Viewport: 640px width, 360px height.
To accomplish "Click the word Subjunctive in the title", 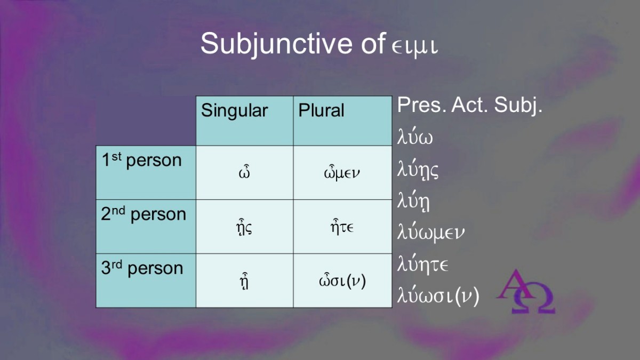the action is coord(276,45).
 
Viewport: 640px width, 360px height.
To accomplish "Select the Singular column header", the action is coord(234,110).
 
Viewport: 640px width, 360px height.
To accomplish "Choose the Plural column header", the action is coord(321,110).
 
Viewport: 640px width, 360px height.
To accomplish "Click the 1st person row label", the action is coord(141,160).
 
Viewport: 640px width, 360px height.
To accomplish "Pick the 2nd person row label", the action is coord(143,214).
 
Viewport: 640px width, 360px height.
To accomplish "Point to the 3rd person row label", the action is coord(142,268).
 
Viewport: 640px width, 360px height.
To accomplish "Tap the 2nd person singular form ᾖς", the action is coord(244,227).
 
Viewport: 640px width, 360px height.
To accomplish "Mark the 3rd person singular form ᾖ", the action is coord(244,282).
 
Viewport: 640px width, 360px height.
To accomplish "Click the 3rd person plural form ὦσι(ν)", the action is coord(342,281).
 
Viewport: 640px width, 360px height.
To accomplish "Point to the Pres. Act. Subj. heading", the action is coord(469,105).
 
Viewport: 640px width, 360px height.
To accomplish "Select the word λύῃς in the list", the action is coord(418,169).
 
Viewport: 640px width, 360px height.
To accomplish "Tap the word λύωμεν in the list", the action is coord(431,233).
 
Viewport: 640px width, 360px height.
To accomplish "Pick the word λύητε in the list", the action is coord(422,265).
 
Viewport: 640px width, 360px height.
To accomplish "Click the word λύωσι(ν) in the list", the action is coord(438,297).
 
